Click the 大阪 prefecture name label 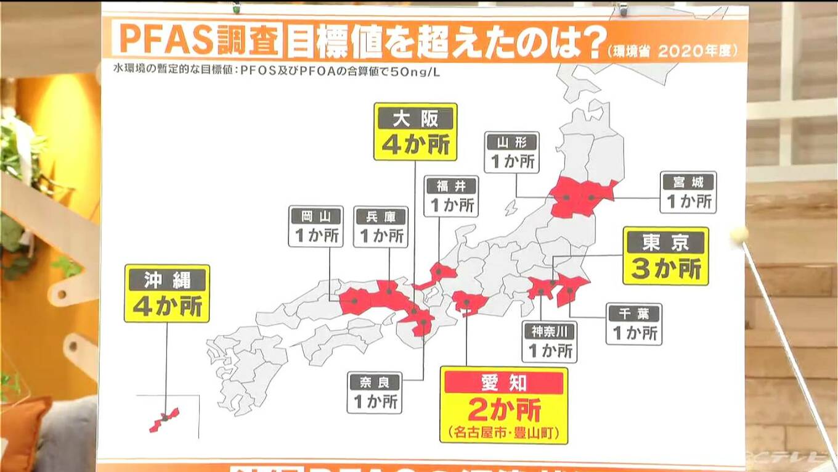point(415,118)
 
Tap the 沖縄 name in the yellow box point(167,279)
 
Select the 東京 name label point(665,242)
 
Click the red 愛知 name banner point(503,383)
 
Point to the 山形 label point(511,142)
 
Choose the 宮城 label point(688,181)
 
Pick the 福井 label point(451,185)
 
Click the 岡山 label point(315,216)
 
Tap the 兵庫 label point(381,216)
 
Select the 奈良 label point(375,382)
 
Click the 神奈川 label point(550,331)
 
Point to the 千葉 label point(633,313)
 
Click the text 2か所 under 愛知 point(503,409)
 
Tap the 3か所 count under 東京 point(665,269)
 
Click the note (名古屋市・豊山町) point(503,431)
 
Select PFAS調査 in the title point(198,39)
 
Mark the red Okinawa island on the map point(164,420)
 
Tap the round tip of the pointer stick point(739,234)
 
